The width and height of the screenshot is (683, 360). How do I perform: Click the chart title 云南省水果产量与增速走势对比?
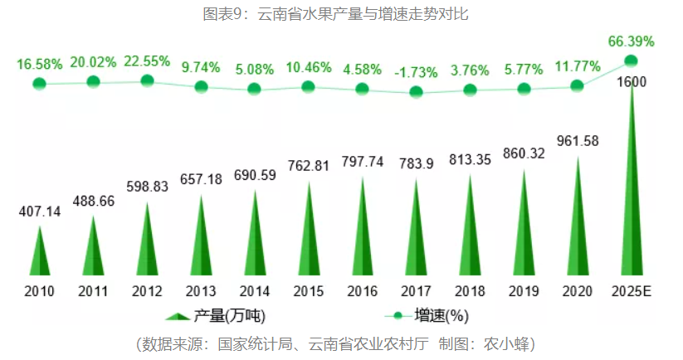tap(341, 14)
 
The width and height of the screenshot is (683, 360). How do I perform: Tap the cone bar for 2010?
tap(39, 253)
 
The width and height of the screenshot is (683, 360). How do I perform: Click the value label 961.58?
tap(578, 140)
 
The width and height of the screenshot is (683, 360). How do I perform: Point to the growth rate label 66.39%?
tap(631, 41)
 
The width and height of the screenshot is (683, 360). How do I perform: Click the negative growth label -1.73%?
tap(416, 71)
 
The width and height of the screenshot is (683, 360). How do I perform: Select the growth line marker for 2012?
tap(147, 80)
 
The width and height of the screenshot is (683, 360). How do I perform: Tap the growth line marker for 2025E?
tap(631, 61)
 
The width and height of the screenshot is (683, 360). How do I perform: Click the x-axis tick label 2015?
tap(308, 291)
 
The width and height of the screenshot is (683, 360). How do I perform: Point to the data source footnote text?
tap(341, 343)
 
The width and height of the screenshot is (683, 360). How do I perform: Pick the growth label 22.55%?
tap(147, 61)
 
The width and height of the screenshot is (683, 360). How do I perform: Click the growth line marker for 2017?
tap(416, 90)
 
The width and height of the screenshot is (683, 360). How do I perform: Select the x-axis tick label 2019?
tap(524, 291)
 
